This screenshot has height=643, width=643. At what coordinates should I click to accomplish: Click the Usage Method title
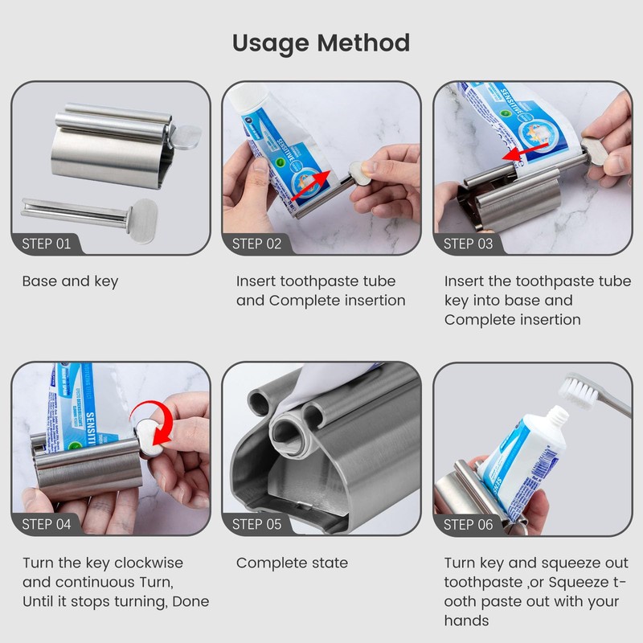pos(321,43)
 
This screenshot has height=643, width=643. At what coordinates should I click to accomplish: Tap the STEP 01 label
pos(46,244)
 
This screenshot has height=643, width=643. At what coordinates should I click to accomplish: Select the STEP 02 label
pos(256,244)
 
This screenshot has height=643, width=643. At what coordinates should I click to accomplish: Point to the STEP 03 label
pos(469,244)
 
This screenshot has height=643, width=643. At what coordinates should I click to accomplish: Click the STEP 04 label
pos(46,524)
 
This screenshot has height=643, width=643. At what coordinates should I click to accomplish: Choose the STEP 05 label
pos(256,524)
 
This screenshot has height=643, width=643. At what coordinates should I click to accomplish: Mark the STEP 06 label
pos(469,524)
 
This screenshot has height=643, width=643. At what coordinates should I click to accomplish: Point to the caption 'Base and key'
pos(70,281)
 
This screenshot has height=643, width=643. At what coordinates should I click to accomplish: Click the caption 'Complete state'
pos(292,563)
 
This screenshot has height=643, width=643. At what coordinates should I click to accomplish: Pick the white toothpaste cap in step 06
pos(554,419)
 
